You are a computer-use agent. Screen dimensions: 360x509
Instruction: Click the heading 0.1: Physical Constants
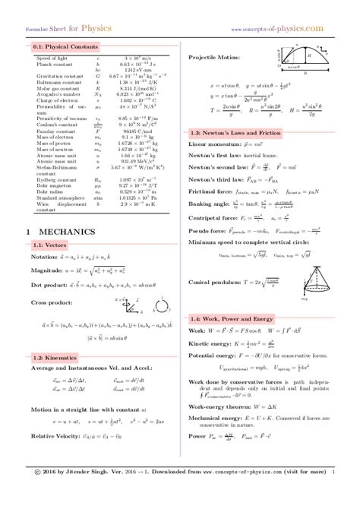[58, 47]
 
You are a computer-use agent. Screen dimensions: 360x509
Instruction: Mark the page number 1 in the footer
[333, 493]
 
